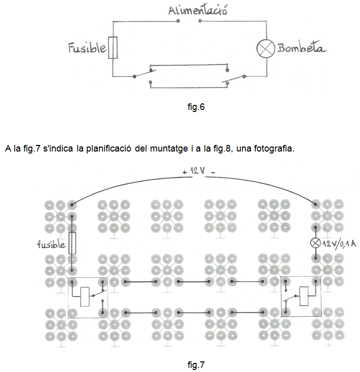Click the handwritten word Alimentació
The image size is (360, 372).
coord(198,11)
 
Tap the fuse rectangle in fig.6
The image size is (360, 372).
coord(113,48)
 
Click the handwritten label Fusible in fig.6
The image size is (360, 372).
coord(87,48)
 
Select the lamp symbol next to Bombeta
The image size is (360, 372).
coord(266,48)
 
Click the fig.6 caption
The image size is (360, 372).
coord(196,107)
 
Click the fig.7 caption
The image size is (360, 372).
coord(196,364)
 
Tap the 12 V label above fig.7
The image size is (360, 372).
coord(197,170)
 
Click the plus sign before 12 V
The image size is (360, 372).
coord(185,172)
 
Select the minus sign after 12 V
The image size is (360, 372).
coord(213,172)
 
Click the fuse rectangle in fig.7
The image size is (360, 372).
coord(73,243)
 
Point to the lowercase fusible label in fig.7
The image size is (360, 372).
coord(51,244)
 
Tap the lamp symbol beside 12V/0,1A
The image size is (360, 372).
coord(315,243)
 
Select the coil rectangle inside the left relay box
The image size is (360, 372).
coord(85,296)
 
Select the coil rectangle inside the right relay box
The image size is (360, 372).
coord(304,296)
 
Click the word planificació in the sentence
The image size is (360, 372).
coord(109,148)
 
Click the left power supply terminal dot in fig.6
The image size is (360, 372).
coord(178,21)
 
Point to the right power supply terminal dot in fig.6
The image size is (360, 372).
coord(200,21)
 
